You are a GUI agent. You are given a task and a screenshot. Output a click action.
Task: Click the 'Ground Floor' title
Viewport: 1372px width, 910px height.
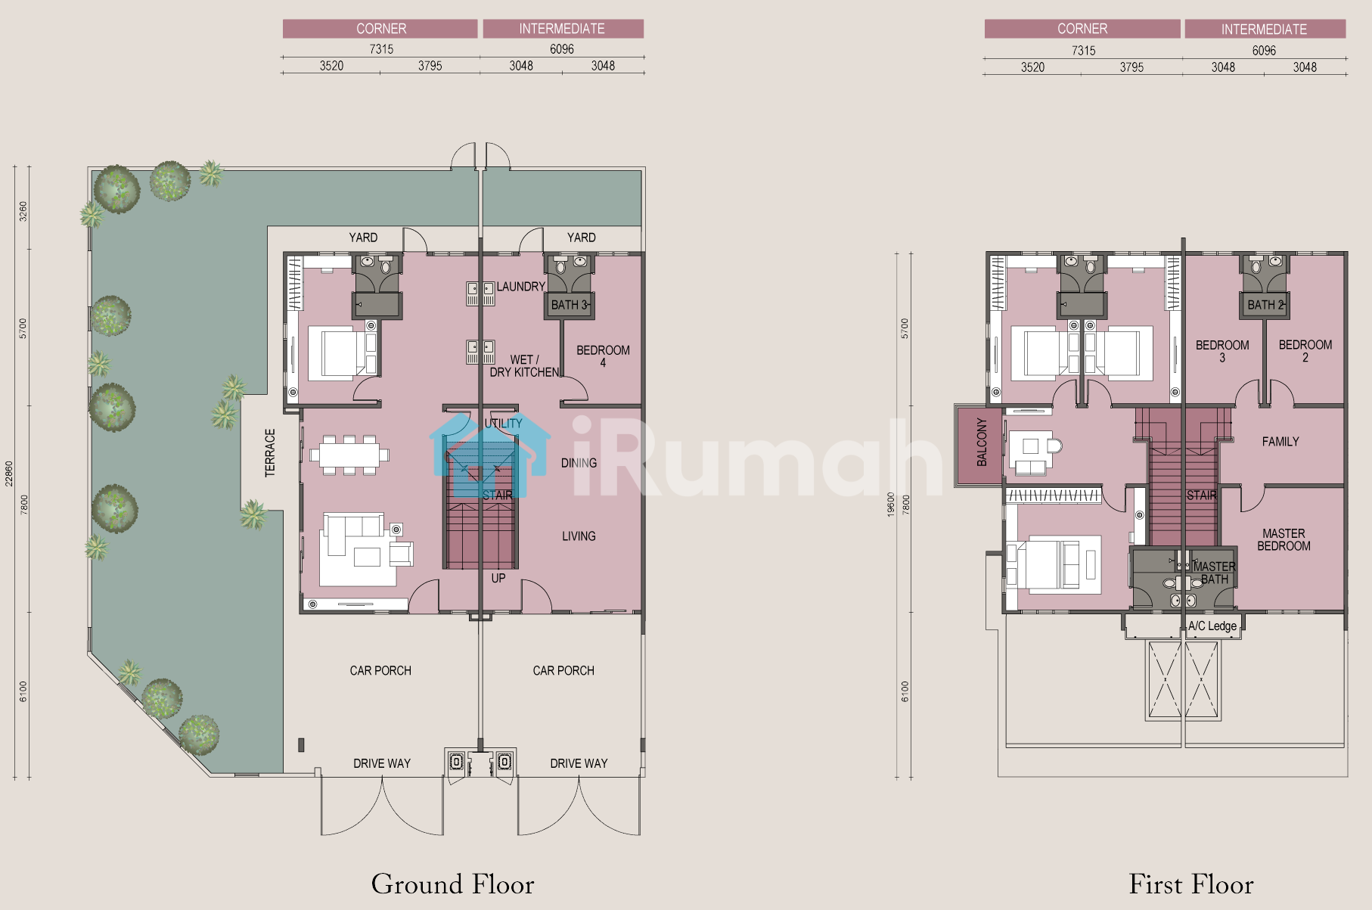pyautogui.click(x=452, y=884)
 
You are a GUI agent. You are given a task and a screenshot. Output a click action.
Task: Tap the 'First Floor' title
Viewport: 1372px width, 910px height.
pyautogui.click(x=1191, y=884)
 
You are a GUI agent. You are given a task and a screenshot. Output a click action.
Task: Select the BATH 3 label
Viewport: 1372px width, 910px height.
pyautogui.click(x=569, y=305)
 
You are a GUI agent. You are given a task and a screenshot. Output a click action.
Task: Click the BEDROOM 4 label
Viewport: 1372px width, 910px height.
pyautogui.click(x=603, y=356)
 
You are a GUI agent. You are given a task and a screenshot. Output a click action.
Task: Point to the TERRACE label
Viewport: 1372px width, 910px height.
pyautogui.click(x=270, y=453)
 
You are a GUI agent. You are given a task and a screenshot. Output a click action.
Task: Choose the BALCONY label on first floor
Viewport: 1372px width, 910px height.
pyautogui.click(x=982, y=442)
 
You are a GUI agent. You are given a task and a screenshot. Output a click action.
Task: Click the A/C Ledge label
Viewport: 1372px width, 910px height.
pyautogui.click(x=1212, y=626)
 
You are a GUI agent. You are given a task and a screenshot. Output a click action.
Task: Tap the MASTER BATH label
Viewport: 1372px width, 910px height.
pyautogui.click(x=1214, y=573)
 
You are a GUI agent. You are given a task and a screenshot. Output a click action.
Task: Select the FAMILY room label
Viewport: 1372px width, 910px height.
pyautogui.click(x=1280, y=442)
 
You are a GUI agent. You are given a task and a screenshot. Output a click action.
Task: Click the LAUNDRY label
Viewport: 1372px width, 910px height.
pyautogui.click(x=520, y=287)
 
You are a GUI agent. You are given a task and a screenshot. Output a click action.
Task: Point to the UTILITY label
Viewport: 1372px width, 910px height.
pyautogui.click(x=503, y=424)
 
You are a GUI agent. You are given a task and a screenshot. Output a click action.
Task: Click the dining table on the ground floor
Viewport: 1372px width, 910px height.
pyautogui.click(x=349, y=455)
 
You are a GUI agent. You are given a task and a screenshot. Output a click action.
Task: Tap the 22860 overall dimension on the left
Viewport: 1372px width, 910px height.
pyautogui.click(x=9, y=474)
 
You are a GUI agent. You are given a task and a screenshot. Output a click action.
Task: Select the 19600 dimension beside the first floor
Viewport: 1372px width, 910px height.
pyautogui.click(x=891, y=505)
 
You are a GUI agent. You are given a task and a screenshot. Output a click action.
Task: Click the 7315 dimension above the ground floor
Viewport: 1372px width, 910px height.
pyautogui.click(x=381, y=49)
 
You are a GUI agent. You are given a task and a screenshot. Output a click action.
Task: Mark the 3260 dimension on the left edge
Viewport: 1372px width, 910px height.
pyautogui.click(x=23, y=211)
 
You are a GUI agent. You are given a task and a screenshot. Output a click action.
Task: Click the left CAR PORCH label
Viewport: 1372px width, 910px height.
pyautogui.click(x=380, y=671)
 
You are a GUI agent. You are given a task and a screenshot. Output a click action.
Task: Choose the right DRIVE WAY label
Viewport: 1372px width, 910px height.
pyautogui.click(x=579, y=764)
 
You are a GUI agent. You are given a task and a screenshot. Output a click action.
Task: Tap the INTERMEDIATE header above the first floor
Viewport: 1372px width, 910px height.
pyautogui.click(x=1264, y=30)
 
